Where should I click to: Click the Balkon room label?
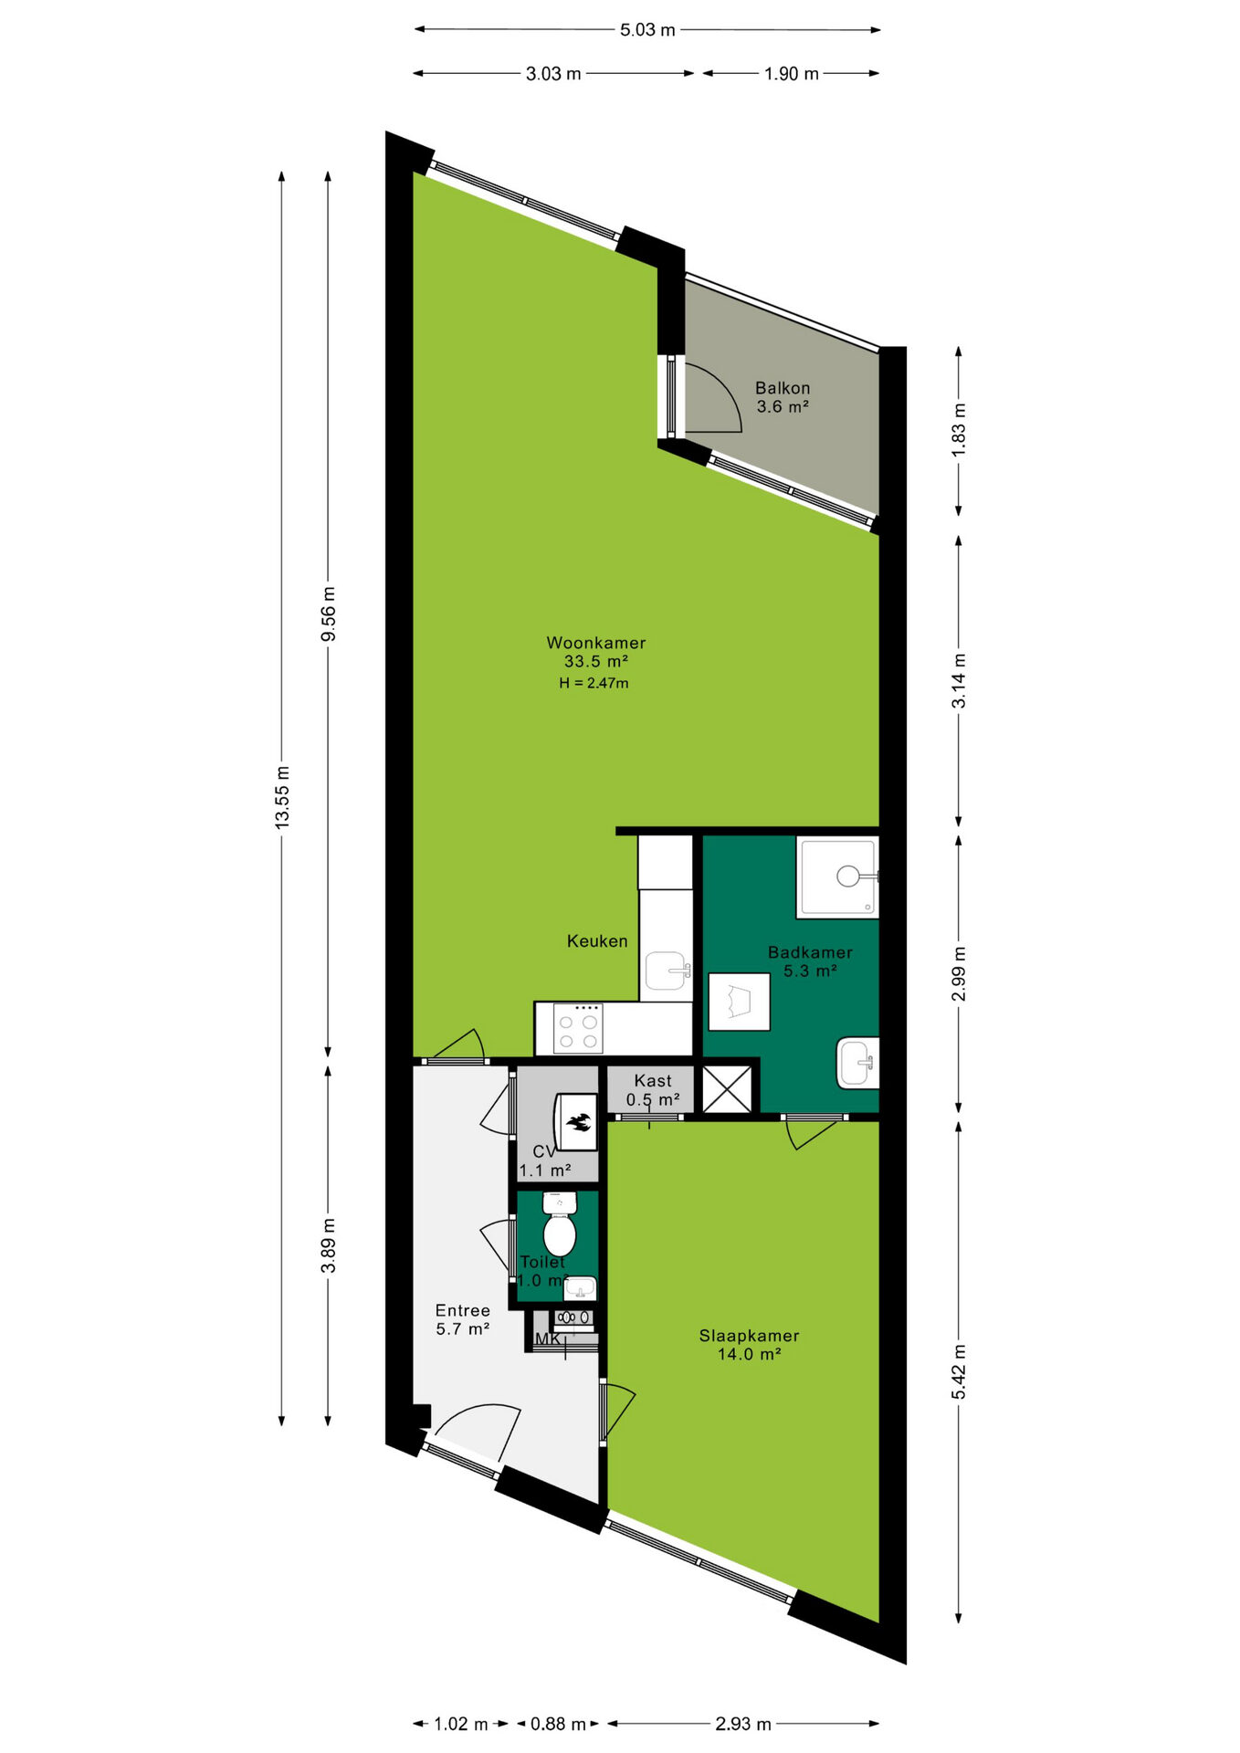[x=783, y=388]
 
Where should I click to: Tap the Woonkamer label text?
[x=595, y=643]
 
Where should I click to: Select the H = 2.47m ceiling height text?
[x=594, y=683]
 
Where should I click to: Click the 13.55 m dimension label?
[x=282, y=796]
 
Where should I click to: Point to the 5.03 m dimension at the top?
[x=647, y=30]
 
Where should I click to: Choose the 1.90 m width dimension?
[x=792, y=74]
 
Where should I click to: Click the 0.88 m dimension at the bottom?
[x=558, y=1724]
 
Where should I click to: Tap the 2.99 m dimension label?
[x=959, y=974]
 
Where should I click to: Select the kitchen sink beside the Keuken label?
[x=667, y=971]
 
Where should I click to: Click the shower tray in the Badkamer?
[x=837, y=876]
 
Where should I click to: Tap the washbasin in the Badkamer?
[x=857, y=1063]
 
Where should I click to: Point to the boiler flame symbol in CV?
[x=578, y=1121]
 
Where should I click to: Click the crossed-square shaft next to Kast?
[x=727, y=1089]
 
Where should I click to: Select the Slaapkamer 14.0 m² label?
[x=749, y=1345]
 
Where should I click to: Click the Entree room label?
[x=462, y=1311]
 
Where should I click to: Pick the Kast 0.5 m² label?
[x=653, y=1090]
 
